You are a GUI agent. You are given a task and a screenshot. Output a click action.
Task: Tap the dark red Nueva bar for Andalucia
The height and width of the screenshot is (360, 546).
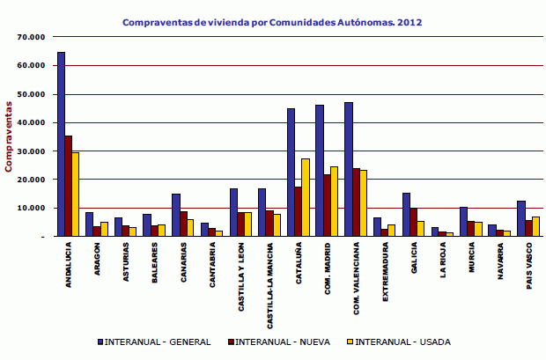pos(68,186)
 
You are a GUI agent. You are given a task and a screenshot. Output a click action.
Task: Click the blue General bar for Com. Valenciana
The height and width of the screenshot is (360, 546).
pos(349,169)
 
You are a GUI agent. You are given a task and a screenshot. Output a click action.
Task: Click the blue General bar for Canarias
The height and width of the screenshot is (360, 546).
pos(176,215)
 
